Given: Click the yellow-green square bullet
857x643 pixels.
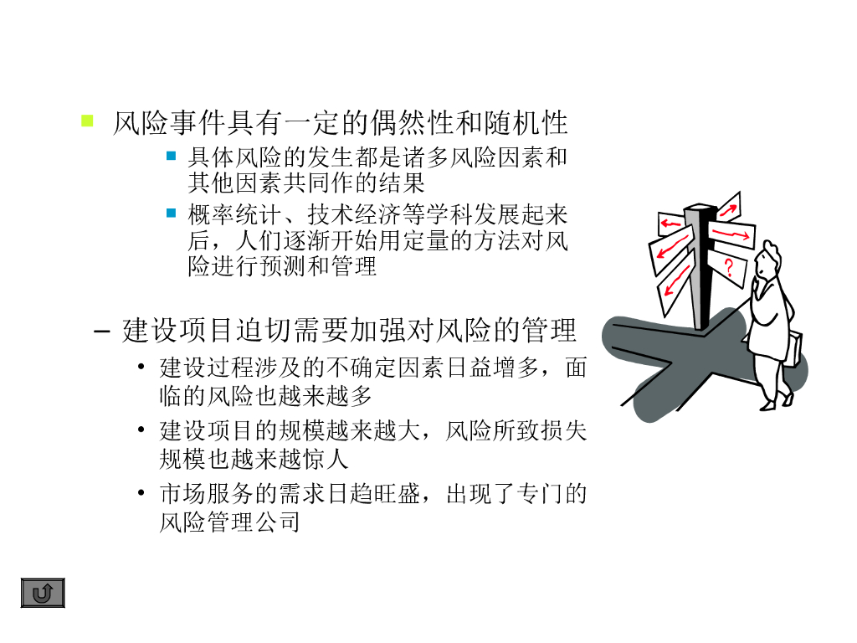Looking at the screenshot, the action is [x=87, y=121].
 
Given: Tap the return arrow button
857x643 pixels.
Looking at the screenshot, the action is [x=43, y=593].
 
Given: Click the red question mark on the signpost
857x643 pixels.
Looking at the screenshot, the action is [x=729, y=268].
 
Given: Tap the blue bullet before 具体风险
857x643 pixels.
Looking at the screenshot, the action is [x=171, y=156].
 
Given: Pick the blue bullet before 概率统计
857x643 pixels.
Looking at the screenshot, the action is [x=171, y=213].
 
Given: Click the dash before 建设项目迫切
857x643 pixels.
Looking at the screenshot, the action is [x=101, y=331].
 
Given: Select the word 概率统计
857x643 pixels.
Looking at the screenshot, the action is [x=235, y=215].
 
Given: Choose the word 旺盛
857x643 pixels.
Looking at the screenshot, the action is [x=398, y=494].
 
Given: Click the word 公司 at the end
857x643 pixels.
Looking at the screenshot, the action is [x=277, y=522].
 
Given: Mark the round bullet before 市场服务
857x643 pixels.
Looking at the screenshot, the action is [x=141, y=492].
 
